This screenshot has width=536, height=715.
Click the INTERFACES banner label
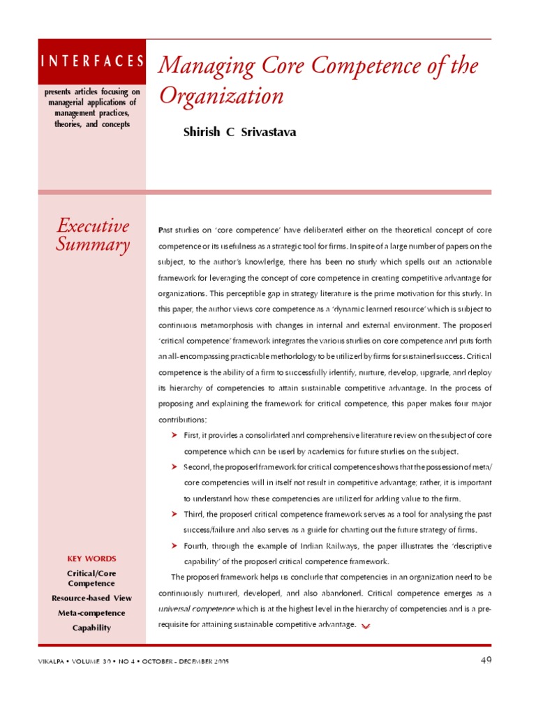point(92,61)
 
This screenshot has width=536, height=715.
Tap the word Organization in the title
point(222,96)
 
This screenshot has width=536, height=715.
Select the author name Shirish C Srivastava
point(239,132)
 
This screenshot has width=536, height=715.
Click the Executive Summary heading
point(93,235)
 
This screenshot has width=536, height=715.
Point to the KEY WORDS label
point(91,559)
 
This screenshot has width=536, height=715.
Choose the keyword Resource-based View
point(91,598)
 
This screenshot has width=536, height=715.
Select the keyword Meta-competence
point(91,613)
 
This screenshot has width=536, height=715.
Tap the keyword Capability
point(91,628)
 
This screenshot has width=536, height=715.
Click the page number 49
point(486,661)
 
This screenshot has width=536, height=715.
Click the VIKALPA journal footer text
point(133,661)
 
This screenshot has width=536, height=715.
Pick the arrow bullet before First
point(175,435)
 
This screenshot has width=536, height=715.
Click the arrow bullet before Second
point(175,466)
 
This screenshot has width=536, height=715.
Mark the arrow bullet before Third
point(175,514)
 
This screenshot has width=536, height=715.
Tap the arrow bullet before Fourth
point(175,545)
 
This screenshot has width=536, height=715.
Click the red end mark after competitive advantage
point(366,626)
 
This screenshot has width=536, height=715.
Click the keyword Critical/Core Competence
point(91,578)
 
